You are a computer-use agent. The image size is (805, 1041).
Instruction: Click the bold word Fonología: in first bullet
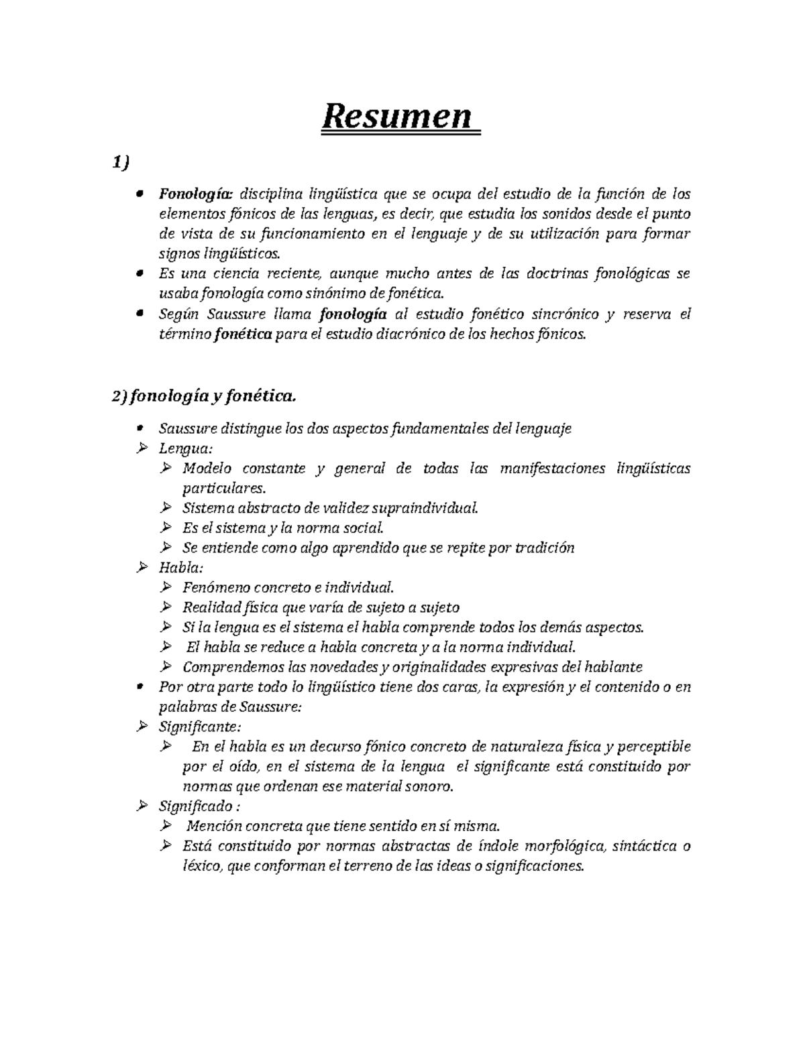click(x=195, y=194)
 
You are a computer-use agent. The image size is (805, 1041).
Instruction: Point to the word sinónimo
click(x=331, y=293)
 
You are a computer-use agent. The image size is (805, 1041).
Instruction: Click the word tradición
click(x=545, y=548)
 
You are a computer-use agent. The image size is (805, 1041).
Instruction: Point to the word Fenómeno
click(x=212, y=588)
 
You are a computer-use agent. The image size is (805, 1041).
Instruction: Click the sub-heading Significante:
click(x=199, y=727)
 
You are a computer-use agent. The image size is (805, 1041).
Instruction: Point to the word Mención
click(x=215, y=826)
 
